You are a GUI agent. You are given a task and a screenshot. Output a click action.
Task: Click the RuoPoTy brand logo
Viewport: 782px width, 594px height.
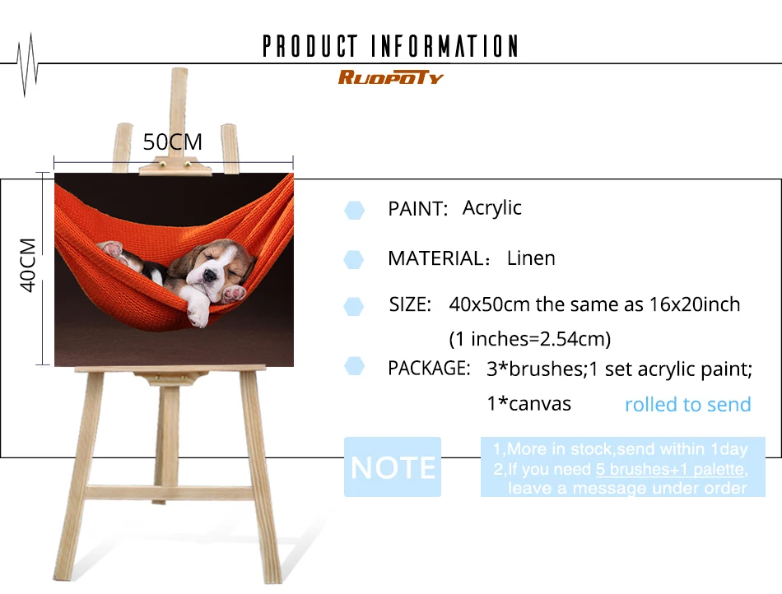(390, 77)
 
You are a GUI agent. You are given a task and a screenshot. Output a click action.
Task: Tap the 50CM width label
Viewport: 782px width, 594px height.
(173, 142)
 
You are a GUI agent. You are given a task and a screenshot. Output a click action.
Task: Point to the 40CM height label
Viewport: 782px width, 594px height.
(28, 265)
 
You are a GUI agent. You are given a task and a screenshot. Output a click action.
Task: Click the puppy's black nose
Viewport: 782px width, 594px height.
(210, 275)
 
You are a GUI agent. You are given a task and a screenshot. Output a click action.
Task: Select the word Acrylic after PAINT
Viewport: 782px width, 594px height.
(491, 208)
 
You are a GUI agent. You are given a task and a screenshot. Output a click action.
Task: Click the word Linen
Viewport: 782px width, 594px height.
(531, 258)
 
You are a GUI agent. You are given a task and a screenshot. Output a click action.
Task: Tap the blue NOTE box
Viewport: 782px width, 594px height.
(393, 467)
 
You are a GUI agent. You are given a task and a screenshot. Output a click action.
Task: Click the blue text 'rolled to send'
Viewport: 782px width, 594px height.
(687, 404)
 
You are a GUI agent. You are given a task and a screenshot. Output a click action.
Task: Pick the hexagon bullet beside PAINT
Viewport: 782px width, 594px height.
(354, 211)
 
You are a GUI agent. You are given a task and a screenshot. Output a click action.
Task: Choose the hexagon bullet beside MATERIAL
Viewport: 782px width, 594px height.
(354, 260)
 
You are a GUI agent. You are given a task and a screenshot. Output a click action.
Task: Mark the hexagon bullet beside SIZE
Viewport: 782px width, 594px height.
(354, 307)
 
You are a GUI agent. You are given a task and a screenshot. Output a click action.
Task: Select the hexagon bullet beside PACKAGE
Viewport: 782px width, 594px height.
(354, 366)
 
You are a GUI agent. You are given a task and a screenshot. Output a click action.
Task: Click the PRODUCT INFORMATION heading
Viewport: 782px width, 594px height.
(390, 46)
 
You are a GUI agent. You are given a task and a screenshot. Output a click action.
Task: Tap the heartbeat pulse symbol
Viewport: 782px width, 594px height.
(27, 65)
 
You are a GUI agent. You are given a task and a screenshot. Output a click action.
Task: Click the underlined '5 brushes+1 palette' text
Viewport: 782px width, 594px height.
(671, 469)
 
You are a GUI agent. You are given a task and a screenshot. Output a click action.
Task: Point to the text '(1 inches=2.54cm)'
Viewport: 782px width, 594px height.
(529, 339)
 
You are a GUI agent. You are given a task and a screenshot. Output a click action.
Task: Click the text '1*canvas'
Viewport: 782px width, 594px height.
(528, 404)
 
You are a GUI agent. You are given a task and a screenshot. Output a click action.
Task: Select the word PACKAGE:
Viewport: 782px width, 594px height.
(429, 369)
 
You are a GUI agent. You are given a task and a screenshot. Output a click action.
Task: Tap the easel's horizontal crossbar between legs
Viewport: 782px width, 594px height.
(170, 493)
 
